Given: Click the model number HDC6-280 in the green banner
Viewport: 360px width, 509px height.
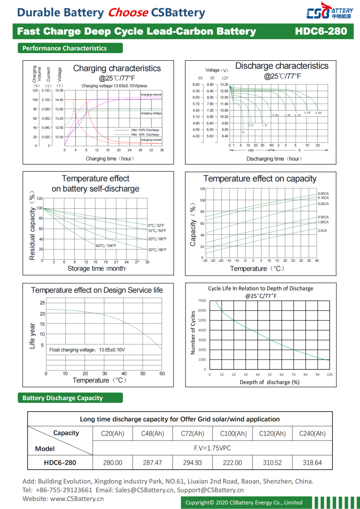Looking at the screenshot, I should pyautogui.click(x=321, y=31).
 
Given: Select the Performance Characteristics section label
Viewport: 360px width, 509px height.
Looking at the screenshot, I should pyautogui.click(x=65, y=48).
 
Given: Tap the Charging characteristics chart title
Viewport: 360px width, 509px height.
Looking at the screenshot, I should pyautogui.click(x=117, y=68).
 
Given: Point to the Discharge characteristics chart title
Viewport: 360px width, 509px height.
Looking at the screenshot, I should pyautogui.click(x=282, y=66).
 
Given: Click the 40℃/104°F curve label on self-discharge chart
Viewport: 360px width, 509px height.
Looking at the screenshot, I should pyautogui.click(x=106, y=246).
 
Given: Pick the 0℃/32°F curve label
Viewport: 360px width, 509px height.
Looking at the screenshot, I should pyautogui.click(x=156, y=225).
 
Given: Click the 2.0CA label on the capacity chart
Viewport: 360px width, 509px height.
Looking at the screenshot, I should pyautogui.click(x=322, y=231).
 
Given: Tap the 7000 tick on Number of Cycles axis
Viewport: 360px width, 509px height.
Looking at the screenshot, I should pyautogui.click(x=202, y=300).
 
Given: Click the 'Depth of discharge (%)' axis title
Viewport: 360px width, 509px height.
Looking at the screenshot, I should pyautogui.click(x=269, y=382).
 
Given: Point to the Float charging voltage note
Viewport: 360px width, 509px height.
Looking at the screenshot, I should pyautogui.click(x=87, y=350).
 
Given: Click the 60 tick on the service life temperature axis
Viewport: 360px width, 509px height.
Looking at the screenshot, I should pyautogui.click(x=162, y=374).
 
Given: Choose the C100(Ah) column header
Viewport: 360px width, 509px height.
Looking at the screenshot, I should pyautogui.click(x=233, y=433).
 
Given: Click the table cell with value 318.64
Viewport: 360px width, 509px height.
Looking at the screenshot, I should pyautogui.click(x=312, y=462).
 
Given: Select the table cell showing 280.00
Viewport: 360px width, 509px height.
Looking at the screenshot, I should pyautogui.click(x=112, y=462).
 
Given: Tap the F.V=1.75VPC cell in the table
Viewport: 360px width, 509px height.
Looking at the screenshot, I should pyautogui.click(x=212, y=448).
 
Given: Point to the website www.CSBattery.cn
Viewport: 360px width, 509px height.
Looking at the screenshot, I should pyautogui.click(x=77, y=498).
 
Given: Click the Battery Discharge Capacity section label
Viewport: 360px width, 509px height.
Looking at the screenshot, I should pyautogui.click(x=63, y=398).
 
